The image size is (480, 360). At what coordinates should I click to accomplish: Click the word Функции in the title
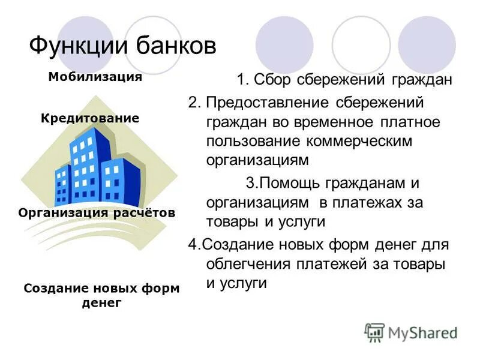click(x=72, y=46)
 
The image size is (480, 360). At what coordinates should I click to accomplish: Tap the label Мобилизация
click(x=95, y=77)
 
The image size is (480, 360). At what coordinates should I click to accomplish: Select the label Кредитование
click(x=90, y=119)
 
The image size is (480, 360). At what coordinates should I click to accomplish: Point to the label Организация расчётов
click(x=97, y=213)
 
